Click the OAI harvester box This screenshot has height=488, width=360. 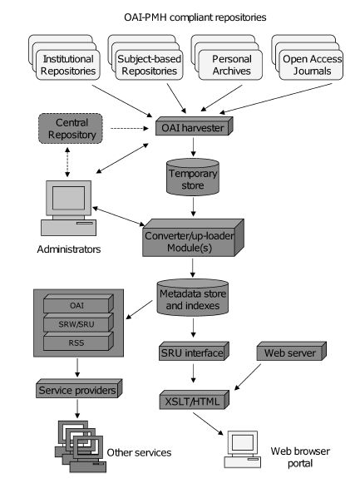(x=195, y=126)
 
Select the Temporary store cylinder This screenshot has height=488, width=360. (x=193, y=177)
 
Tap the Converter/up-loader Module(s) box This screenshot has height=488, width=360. (x=193, y=238)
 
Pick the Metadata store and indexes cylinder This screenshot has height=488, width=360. (x=193, y=298)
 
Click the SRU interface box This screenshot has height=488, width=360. (x=194, y=351)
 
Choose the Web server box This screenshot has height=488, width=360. (x=291, y=351)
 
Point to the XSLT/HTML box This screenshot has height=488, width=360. (x=195, y=400)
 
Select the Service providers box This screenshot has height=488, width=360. (x=79, y=388)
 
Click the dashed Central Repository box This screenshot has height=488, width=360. (x=71, y=129)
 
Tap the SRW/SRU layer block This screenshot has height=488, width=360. (x=78, y=323)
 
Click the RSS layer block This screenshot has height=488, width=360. (x=78, y=341)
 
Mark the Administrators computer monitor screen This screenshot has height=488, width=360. (x=68, y=198)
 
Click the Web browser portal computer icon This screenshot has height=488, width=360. (x=243, y=449)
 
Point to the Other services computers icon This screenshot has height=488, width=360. (x=81, y=446)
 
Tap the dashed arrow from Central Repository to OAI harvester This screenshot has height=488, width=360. (x=130, y=128)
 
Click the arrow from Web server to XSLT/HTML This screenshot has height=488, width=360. (x=248, y=377)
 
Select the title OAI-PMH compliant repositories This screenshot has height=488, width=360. (x=195, y=17)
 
